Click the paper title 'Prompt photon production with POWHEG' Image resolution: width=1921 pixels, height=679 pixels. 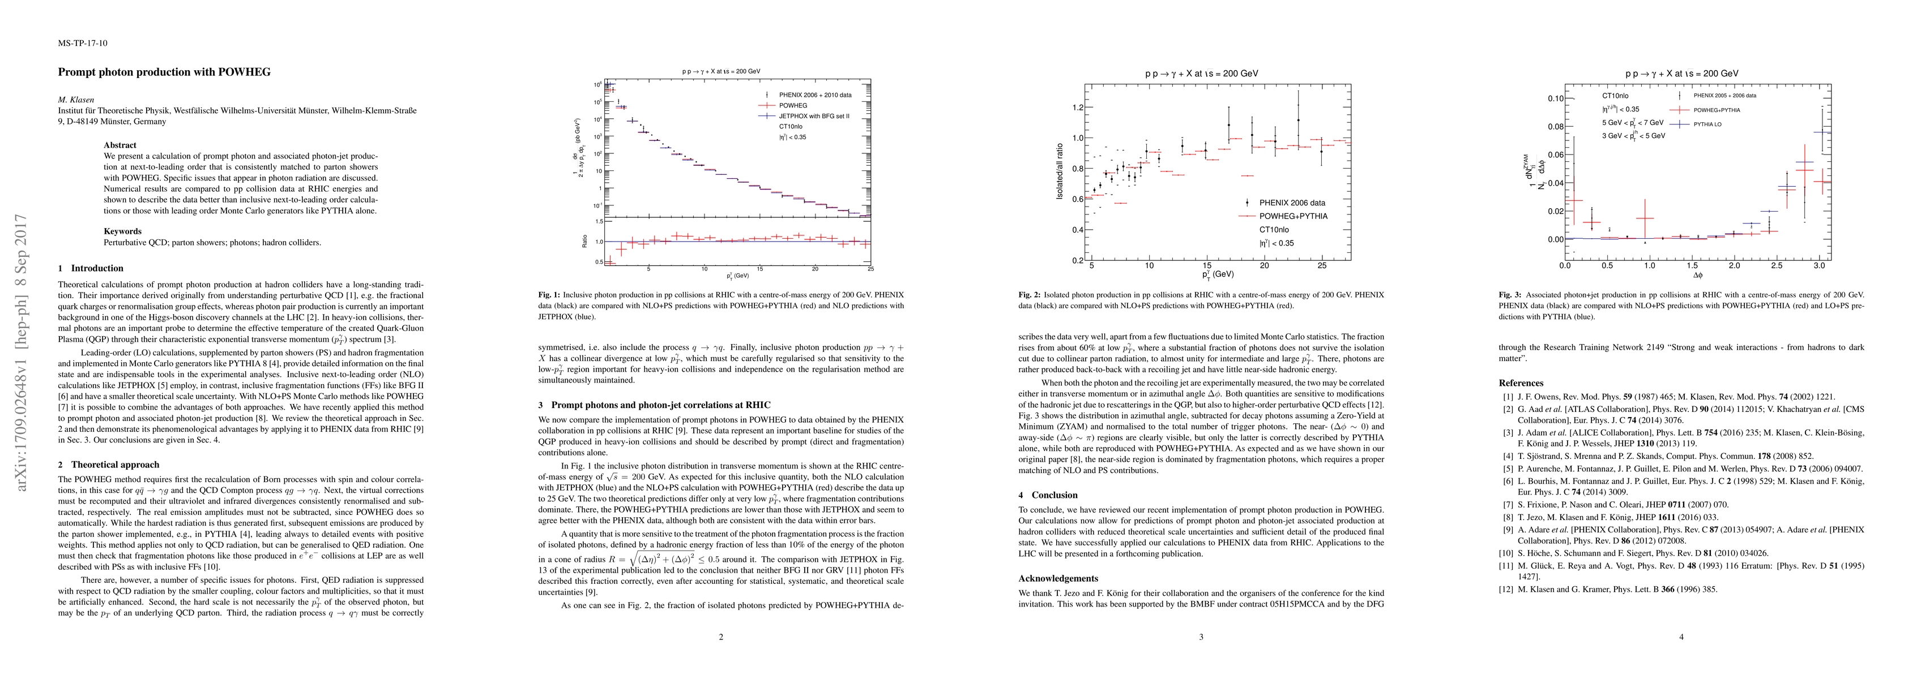tap(164, 72)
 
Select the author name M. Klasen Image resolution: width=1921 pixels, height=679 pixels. tap(78, 99)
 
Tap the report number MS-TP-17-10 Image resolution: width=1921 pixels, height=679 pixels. tap(82, 43)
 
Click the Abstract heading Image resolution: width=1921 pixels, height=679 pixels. tap(120, 145)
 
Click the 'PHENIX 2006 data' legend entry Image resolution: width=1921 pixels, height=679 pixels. tap(1292, 203)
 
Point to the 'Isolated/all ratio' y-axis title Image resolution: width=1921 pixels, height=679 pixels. tap(1059, 172)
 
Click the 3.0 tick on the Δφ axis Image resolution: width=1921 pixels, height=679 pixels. tap(1819, 265)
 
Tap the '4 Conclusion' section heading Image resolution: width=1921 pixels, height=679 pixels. tap(1048, 495)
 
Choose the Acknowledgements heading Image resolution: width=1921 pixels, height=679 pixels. tap(1058, 578)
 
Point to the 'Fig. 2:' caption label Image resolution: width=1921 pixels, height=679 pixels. tap(1029, 294)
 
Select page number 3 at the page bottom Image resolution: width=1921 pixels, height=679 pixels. tap(1201, 637)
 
